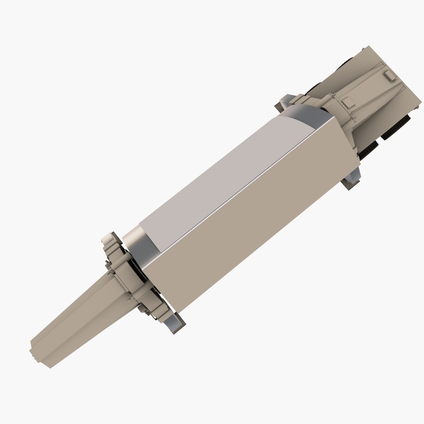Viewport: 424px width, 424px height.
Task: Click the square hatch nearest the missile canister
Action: (x=348, y=103)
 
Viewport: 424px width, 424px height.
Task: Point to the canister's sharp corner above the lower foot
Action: (x=358, y=161)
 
